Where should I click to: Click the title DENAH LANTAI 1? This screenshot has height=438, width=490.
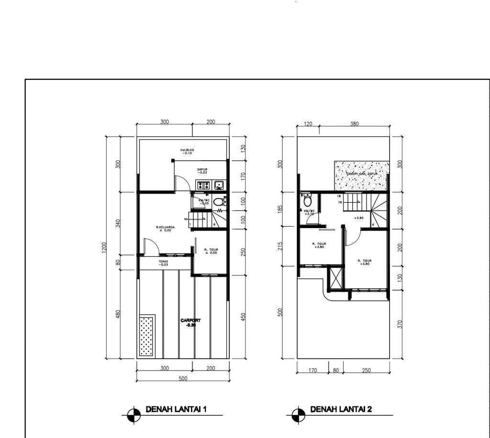coord(176,409)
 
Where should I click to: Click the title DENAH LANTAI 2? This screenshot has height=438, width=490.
coord(341,409)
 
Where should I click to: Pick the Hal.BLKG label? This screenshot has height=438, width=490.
coord(187,151)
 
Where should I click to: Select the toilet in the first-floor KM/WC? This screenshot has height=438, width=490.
coord(218,202)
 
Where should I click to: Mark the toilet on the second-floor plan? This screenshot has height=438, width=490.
coord(307,200)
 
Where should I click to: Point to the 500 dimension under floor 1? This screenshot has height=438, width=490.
coord(182,378)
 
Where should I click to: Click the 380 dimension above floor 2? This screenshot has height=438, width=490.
coord(354,124)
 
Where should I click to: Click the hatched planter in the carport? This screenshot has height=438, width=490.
coord(147,335)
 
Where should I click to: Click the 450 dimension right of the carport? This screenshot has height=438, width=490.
coord(243,317)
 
